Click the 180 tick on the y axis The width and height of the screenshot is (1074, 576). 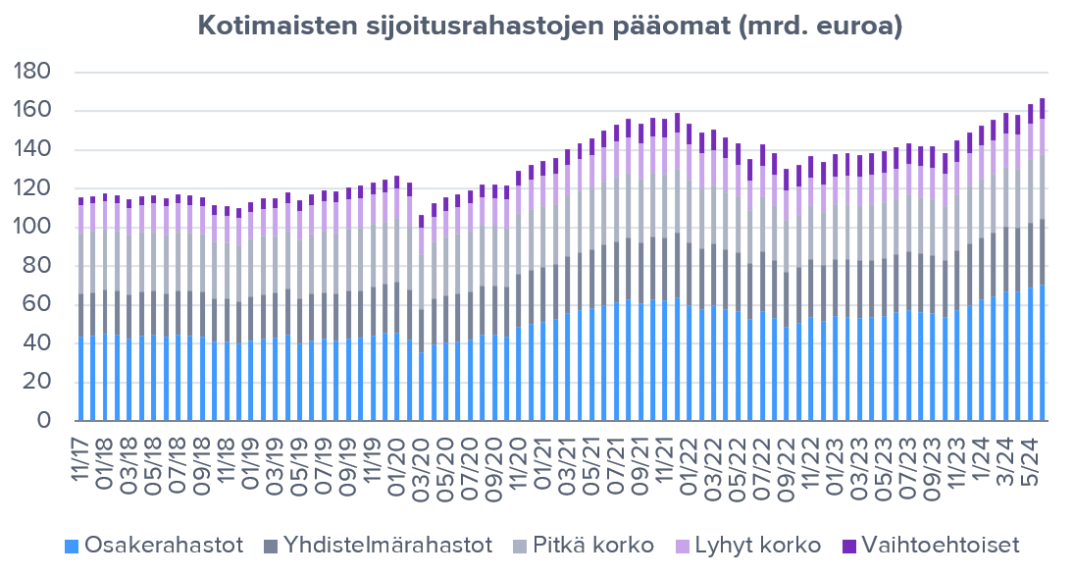pos(36,73)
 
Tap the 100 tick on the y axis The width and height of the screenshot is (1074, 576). pos(36,228)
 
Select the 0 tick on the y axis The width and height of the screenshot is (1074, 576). pos(45,421)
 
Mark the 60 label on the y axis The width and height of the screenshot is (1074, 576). pos(40,305)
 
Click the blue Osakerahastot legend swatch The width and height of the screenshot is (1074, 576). pos(70,546)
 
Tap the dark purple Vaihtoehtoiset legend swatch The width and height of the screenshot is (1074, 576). pos(851,546)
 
